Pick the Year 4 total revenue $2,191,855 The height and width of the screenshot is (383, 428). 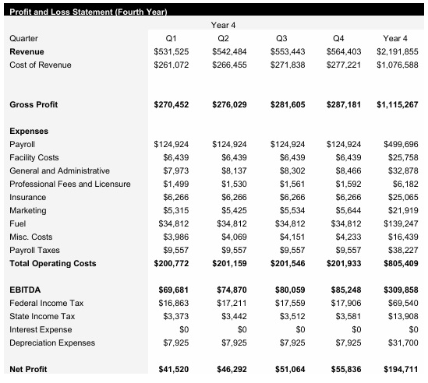[x=397, y=51]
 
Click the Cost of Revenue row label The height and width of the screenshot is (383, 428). [x=40, y=65]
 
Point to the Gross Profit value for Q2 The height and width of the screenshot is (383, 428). [x=229, y=104]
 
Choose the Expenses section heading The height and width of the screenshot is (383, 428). [x=29, y=132]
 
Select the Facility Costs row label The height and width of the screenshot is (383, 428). [x=34, y=157]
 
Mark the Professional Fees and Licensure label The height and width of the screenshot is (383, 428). [x=69, y=184]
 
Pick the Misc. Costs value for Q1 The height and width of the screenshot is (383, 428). [x=176, y=237]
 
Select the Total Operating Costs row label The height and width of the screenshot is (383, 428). [x=52, y=263]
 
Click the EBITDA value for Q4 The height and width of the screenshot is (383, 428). [x=344, y=290]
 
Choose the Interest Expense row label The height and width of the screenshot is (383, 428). [x=40, y=329]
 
